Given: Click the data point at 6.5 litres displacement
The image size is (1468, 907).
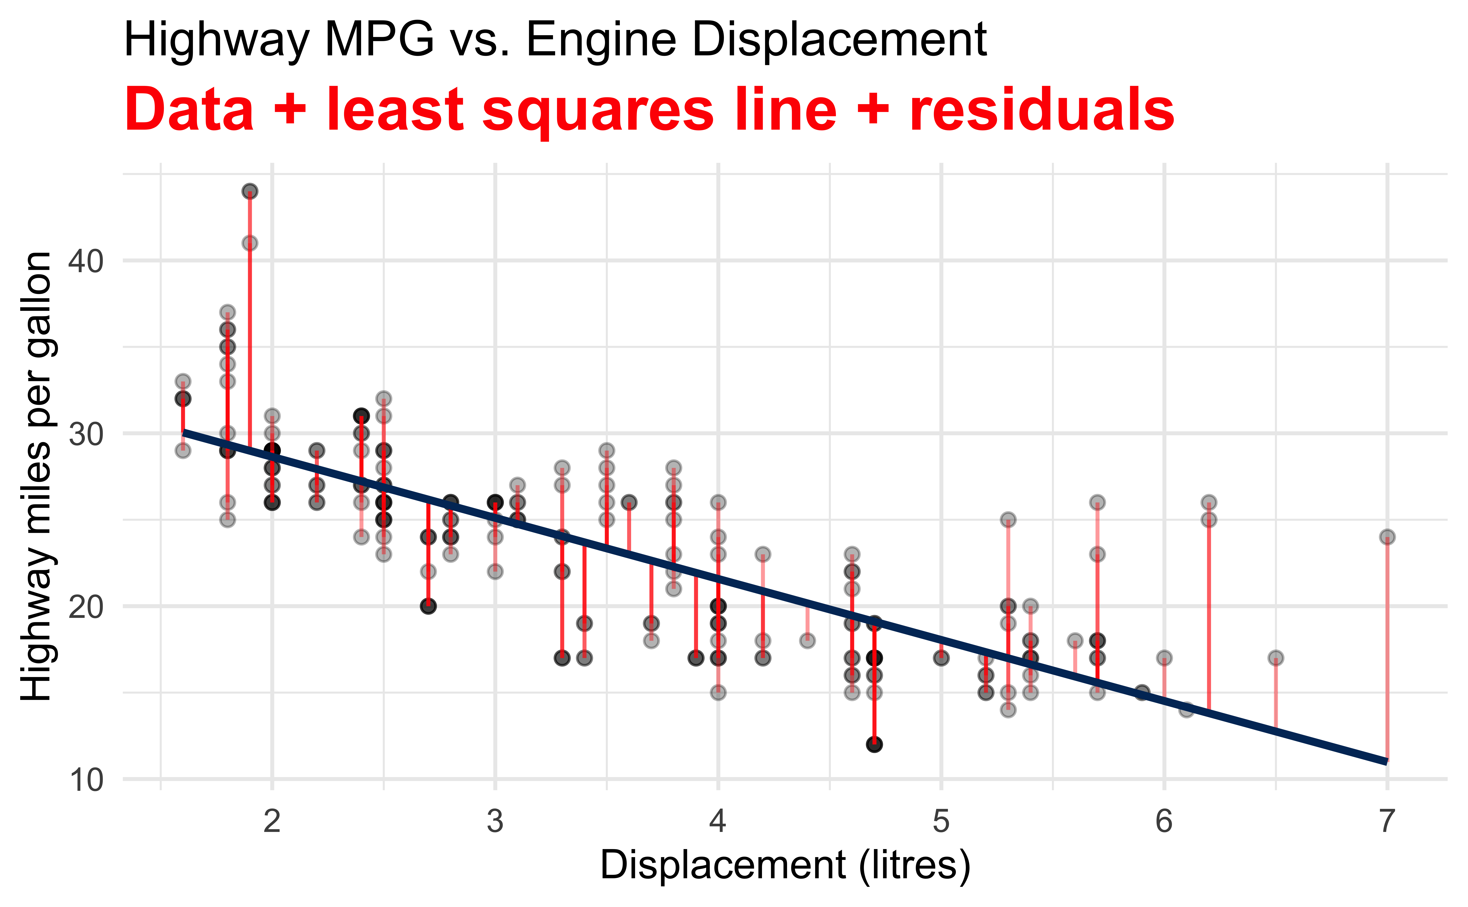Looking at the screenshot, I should tap(1275, 658).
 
